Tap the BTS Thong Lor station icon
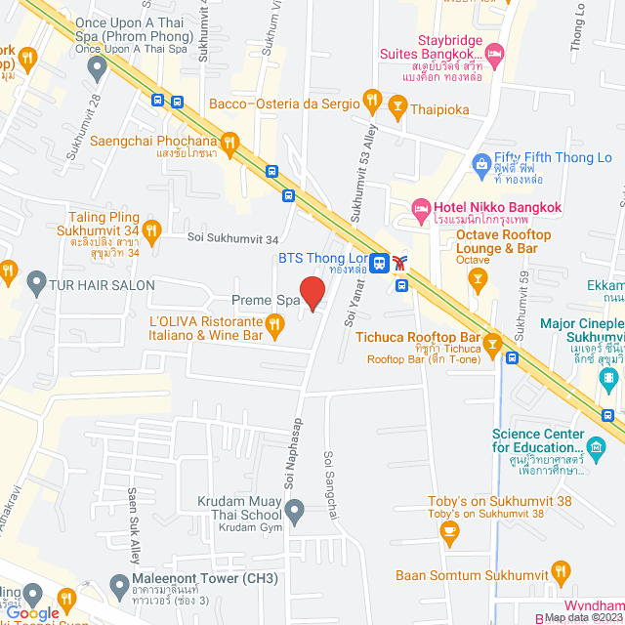pos(380,262)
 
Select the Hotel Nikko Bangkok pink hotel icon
pos(421,207)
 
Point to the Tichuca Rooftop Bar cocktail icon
pos(492,343)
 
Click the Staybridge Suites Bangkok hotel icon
pos(493,51)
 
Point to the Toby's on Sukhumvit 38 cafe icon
pos(449,530)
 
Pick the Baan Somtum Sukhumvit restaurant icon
pos(561,569)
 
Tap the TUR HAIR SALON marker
pos(36,284)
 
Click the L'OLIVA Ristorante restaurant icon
pos(275,328)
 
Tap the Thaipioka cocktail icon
pos(397,104)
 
